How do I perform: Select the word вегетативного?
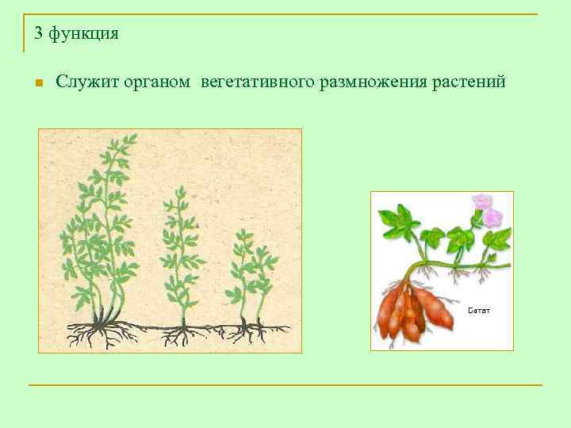click(x=257, y=82)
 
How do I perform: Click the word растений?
click(x=469, y=82)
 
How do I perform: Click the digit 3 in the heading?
click(x=39, y=33)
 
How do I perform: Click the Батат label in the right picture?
click(x=478, y=310)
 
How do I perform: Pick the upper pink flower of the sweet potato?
click(x=481, y=202)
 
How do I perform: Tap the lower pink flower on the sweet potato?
click(x=494, y=216)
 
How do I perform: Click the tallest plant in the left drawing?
click(x=103, y=230)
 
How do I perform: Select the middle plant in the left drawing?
click(x=181, y=254)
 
